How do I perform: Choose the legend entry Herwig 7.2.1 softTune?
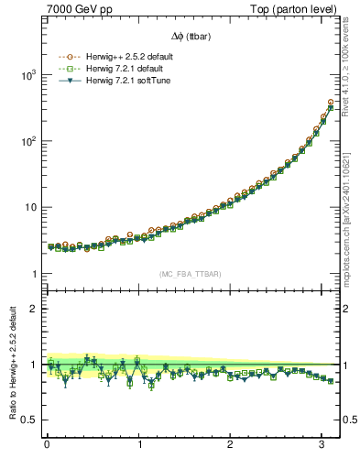coord(129,81)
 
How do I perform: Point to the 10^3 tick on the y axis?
coord(28,76)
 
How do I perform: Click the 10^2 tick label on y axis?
coord(28,142)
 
